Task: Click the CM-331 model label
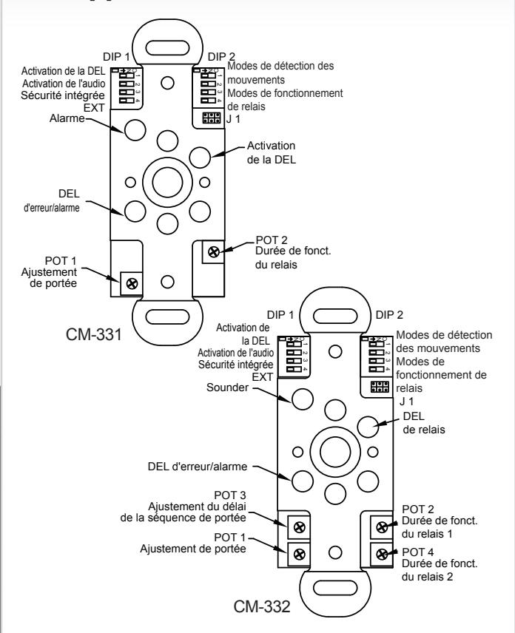(94, 335)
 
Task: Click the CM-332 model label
(262, 606)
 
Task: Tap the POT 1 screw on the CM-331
(132, 283)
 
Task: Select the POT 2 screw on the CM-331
(214, 252)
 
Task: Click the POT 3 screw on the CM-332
(299, 527)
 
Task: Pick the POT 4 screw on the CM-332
(382, 555)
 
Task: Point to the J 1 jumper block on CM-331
(211, 118)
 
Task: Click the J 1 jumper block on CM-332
(380, 387)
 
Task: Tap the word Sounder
(227, 387)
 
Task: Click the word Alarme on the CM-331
(67, 118)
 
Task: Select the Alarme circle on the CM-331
(135, 130)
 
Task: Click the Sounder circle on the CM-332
(303, 399)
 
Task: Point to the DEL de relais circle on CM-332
(368, 427)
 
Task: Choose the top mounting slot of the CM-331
(167, 49)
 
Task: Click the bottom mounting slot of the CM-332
(335, 587)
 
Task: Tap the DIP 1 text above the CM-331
(117, 57)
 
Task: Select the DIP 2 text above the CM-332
(389, 315)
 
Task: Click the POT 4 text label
(417, 552)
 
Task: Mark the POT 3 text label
(230, 495)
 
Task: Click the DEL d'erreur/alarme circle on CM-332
(303, 481)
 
